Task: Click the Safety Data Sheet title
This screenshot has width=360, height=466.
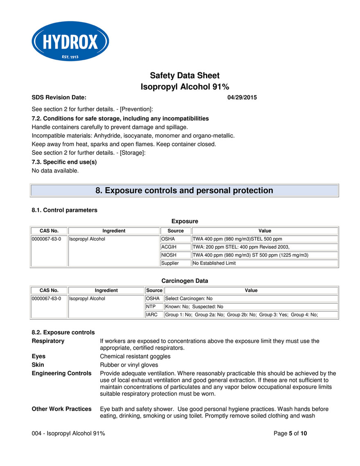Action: pyautogui.click(x=185, y=75)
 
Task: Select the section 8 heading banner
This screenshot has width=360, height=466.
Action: pyautogui.click(x=184, y=191)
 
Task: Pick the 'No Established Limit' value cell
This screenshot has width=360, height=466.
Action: pyautogui.click(x=265, y=263)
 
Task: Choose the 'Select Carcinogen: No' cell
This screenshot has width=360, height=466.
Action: pyautogui.click(x=251, y=298)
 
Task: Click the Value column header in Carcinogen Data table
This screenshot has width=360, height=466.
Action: pyautogui.click(x=251, y=290)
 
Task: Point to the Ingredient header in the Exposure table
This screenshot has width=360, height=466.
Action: pyautogui.click(x=114, y=231)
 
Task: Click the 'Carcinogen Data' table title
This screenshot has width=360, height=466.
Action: pyautogui.click(x=185, y=281)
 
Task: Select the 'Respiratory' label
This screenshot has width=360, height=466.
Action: pyautogui.click(x=48, y=341)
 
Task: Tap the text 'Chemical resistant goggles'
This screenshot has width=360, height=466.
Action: pyautogui.click(x=135, y=357)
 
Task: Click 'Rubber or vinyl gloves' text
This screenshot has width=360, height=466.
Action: pyautogui.click(x=129, y=365)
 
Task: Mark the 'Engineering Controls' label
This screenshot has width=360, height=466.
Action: pyautogui.click(x=61, y=373)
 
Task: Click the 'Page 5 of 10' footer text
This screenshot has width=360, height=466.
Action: pyautogui.click(x=290, y=434)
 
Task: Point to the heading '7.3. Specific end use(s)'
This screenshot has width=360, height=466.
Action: pyautogui.click(x=64, y=162)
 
